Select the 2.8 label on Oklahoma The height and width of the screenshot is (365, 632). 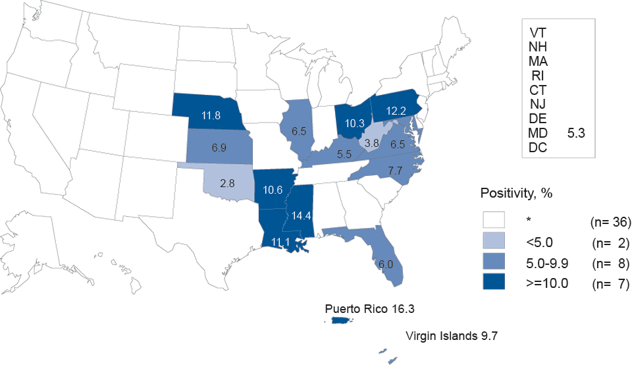(x=228, y=182)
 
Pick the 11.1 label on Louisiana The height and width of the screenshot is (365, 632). (x=281, y=242)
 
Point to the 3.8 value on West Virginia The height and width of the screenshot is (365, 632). (x=372, y=142)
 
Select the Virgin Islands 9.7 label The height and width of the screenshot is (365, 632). (x=451, y=336)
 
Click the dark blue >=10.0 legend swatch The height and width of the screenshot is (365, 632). (x=493, y=285)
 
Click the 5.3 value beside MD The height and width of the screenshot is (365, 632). (x=576, y=134)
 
